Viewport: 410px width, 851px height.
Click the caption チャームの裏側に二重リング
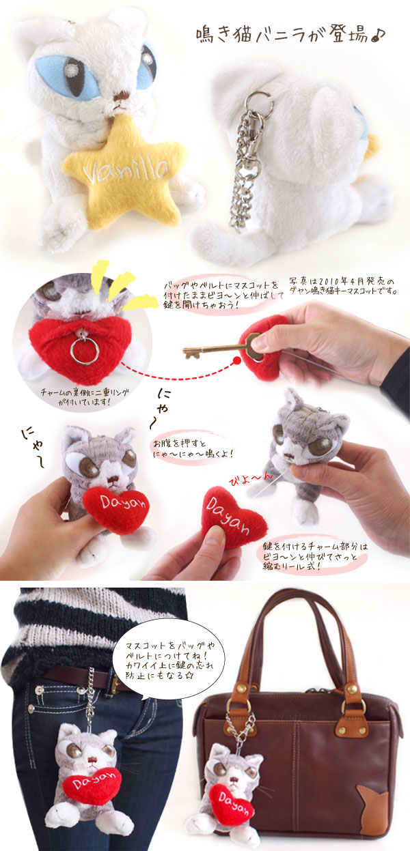pos(85,396)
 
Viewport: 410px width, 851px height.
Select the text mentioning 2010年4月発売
pos(342,287)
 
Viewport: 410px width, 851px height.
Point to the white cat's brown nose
pos(121,98)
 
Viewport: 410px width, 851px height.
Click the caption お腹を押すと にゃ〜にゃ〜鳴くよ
pos(193,448)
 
